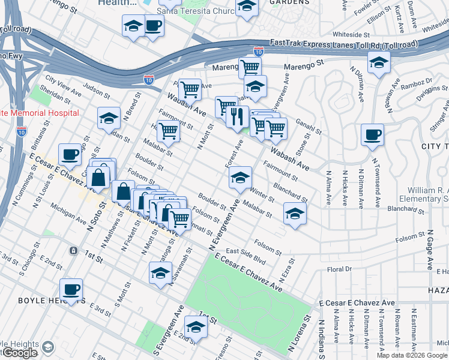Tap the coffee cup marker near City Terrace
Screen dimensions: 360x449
pyautogui.click(x=372, y=135)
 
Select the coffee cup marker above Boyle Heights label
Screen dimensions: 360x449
pyautogui.click(x=71, y=290)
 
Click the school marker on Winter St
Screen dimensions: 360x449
pyautogui.click(x=240, y=178)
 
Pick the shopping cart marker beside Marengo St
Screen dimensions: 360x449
pyautogui.click(x=250, y=68)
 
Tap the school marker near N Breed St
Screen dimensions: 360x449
pyautogui.click(x=109, y=119)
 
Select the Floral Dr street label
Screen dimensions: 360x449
pyautogui.click(x=339, y=269)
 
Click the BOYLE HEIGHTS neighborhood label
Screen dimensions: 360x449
pyautogui.click(x=42, y=301)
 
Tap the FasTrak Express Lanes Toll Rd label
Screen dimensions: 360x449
pyautogui.click(x=344, y=43)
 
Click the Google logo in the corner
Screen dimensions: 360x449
pyautogui.click(x=19, y=353)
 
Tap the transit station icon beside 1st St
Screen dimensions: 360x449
pyautogui.click(x=73, y=250)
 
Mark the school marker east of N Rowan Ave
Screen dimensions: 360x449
pyautogui.click(x=379, y=62)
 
